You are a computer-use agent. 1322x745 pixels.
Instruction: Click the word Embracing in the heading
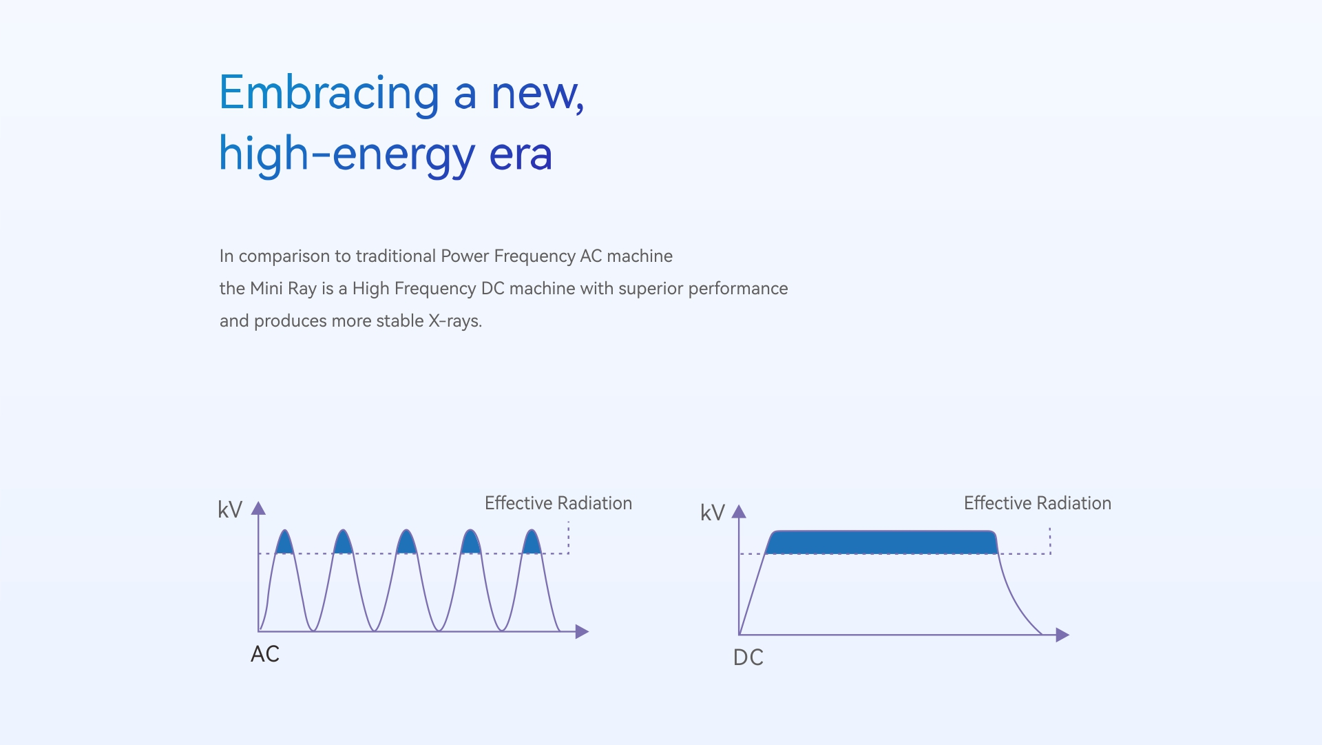pos(329,94)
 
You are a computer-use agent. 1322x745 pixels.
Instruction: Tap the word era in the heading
pos(521,154)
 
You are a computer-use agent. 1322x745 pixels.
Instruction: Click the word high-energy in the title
pos(347,155)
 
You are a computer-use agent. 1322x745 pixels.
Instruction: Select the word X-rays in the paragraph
pos(454,321)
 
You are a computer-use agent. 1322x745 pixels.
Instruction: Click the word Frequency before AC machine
pos(534,256)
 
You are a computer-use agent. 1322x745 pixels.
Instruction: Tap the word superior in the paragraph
pos(651,289)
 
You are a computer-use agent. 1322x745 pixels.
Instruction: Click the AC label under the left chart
pos(265,654)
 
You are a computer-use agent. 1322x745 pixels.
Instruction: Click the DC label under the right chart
pos(748,657)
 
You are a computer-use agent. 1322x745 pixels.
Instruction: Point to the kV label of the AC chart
pos(230,510)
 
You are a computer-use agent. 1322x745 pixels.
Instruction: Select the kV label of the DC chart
pos(713,513)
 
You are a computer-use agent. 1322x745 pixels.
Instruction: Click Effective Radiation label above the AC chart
pos(558,503)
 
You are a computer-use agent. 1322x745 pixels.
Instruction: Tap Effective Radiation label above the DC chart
pos(1038,503)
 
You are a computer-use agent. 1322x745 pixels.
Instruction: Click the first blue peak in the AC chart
pos(284,543)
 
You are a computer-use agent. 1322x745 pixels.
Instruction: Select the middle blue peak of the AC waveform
pos(407,543)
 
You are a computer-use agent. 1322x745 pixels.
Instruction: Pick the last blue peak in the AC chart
pos(532,543)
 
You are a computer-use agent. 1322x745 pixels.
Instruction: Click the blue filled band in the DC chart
pos(881,542)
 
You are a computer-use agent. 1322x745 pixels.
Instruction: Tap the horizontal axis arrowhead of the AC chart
pos(582,631)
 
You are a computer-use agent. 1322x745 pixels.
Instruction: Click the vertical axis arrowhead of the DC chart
pos(739,511)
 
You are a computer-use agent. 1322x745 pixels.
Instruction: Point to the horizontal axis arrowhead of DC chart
pos(1062,635)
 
